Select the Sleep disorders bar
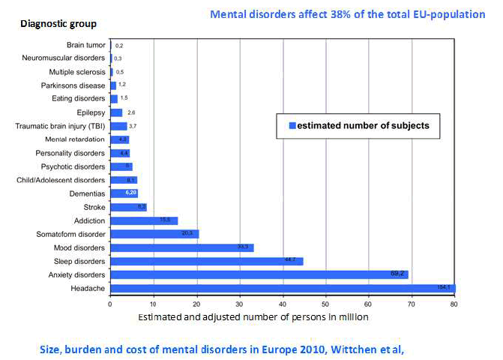point(206,261)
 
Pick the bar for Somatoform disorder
point(154,234)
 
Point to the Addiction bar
point(143,220)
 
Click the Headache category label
point(89,289)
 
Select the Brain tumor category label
point(85,45)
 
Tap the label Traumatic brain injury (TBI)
point(61,126)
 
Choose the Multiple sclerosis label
point(77,72)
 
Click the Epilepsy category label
point(91,112)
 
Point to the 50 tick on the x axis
point(325,304)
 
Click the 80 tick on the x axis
point(454,304)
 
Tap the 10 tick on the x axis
point(153,304)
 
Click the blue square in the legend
point(293,126)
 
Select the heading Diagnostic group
point(57,25)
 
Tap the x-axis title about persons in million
point(253,317)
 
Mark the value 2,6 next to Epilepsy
point(131,112)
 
